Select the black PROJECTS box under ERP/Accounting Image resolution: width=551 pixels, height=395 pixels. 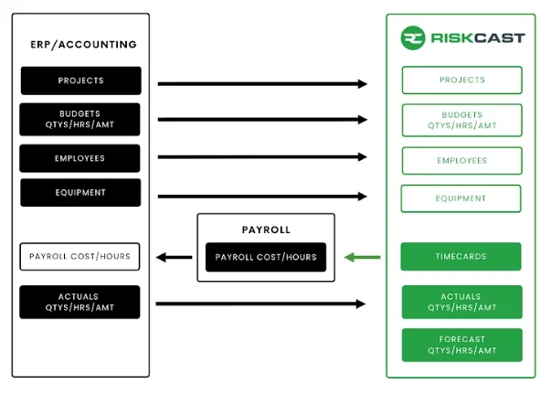point(80,80)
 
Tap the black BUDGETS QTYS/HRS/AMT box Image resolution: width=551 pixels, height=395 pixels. point(80,119)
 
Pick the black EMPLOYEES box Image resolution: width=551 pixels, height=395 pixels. point(80,158)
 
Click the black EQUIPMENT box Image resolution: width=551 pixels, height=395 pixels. point(80,193)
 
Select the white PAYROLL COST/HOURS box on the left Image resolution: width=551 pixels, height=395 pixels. point(80,256)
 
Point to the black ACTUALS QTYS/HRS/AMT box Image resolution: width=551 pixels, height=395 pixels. point(80,302)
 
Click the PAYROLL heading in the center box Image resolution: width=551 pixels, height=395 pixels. point(266,230)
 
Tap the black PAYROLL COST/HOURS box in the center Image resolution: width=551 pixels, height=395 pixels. point(266,257)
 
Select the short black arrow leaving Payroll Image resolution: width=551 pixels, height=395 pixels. point(174,257)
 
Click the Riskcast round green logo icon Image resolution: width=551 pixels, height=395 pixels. point(413,38)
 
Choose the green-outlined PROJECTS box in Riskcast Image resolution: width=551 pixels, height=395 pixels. point(461,80)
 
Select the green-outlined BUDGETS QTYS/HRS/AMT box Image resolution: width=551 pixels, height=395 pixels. point(461,120)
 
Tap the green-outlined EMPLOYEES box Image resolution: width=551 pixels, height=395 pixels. point(461,160)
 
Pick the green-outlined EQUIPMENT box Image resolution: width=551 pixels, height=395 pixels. point(461,198)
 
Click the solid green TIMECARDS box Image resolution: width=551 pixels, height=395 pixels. point(461,257)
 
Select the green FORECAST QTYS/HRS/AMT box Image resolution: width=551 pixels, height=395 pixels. point(461,345)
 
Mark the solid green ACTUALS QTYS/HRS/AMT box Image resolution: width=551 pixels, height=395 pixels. point(461,302)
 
